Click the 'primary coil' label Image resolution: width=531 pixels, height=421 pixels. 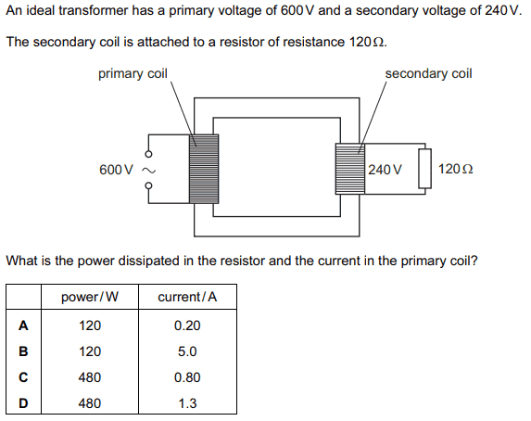coord(133,74)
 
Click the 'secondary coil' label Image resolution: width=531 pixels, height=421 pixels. coord(428,73)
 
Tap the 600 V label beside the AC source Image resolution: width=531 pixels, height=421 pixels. coord(117,170)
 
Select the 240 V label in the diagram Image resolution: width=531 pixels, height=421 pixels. coord(385,170)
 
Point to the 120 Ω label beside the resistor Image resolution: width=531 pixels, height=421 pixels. coord(456,169)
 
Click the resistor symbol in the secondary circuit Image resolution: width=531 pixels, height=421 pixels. coord(424,169)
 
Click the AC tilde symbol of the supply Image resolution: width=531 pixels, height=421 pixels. coord(148,170)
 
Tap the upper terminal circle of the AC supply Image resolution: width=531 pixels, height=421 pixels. coord(148,154)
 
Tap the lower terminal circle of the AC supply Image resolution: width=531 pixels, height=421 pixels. coord(148,185)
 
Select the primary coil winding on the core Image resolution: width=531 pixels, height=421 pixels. coord(204,169)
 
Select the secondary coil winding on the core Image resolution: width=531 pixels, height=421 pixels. coord(350,169)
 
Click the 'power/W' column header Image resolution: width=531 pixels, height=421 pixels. coord(90,297)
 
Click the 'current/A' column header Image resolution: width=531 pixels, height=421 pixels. coord(187,297)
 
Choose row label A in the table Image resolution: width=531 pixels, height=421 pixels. coord(23,325)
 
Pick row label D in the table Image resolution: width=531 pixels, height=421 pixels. coord(23,403)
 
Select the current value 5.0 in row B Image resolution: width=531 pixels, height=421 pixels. coord(187,351)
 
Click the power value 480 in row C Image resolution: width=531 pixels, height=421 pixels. coord(90,377)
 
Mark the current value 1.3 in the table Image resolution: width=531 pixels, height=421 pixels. coord(187,403)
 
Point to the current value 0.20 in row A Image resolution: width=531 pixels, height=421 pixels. coord(187,325)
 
